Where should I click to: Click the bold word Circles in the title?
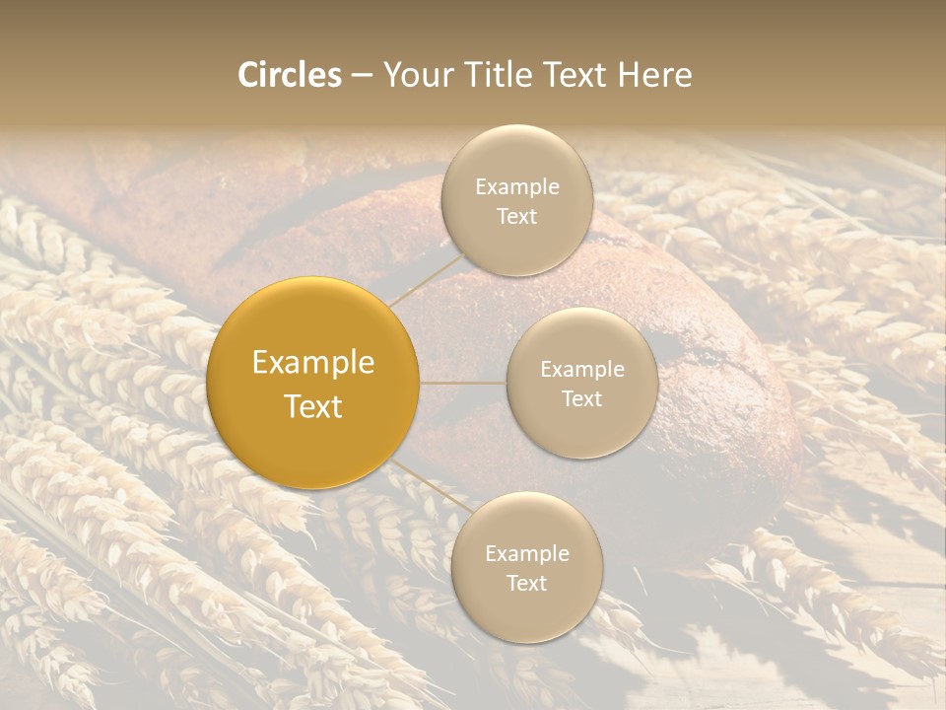point(290,75)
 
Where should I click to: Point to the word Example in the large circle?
point(312,363)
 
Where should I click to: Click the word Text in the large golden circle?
point(312,406)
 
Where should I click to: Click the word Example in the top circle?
point(516,187)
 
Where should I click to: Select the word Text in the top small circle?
point(516,216)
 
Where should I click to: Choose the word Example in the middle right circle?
point(581,370)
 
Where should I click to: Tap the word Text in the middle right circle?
point(581,398)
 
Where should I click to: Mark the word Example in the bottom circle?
point(526,554)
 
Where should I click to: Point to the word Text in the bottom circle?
point(526,583)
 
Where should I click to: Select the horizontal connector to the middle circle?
point(463,383)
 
